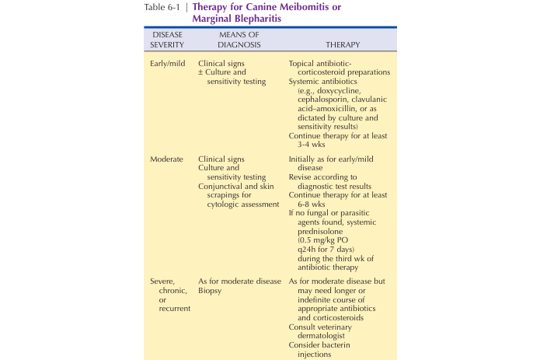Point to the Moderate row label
[168, 158]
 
